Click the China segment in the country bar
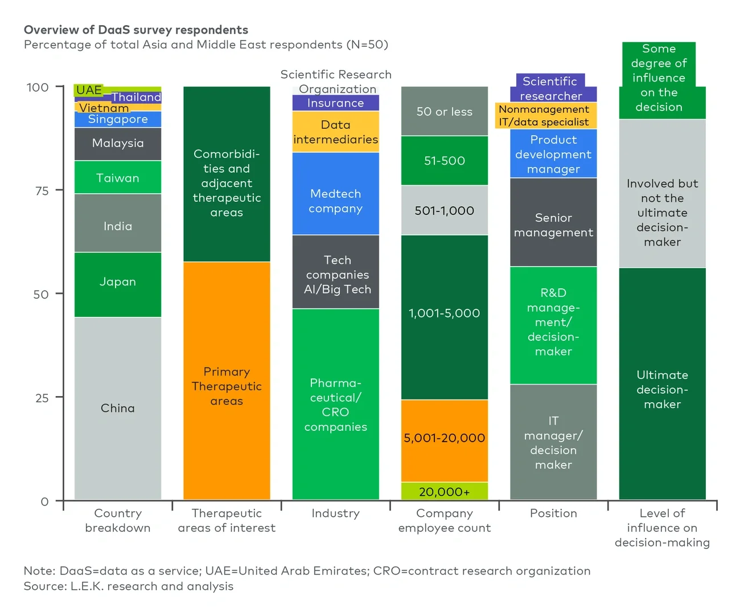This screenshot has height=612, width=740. tap(118, 408)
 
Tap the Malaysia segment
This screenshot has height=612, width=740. tap(118, 144)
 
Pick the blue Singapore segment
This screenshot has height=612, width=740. tap(118, 119)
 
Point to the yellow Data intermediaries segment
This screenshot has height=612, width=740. tap(335, 132)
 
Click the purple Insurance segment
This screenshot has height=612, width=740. tap(335, 103)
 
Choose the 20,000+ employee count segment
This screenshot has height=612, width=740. tap(444, 491)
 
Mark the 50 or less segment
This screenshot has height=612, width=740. tap(444, 112)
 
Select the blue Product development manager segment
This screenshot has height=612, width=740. tap(553, 154)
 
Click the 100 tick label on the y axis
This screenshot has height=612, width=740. tap(38, 87)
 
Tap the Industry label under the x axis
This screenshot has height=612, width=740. tap(335, 513)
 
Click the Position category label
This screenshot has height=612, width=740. tap(553, 513)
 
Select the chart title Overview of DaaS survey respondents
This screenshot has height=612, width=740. tap(136, 30)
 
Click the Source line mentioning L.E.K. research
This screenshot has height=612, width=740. tap(129, 586)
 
